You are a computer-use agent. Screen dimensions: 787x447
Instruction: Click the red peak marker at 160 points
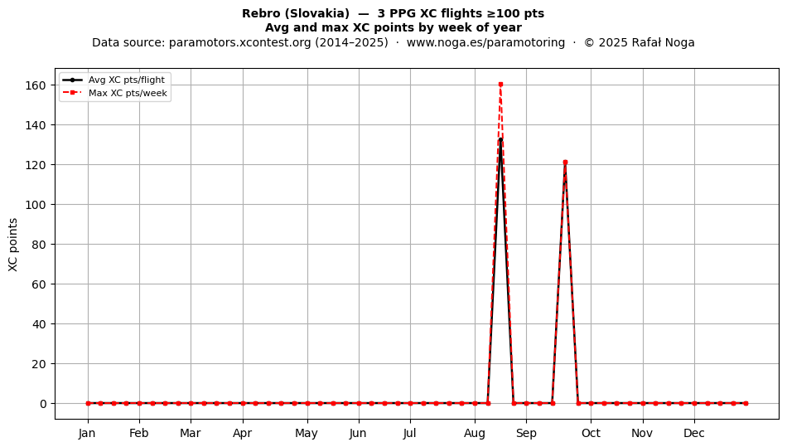pos(500,85)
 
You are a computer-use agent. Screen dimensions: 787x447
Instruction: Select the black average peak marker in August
pos(500,139)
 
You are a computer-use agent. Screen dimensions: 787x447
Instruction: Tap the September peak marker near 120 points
pos(565,163)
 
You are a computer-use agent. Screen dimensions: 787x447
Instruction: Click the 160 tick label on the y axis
pos(35,85)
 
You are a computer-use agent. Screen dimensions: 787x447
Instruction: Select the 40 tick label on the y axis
pos(39,324)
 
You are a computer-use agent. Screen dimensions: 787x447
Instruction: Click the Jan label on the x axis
pos(87,433)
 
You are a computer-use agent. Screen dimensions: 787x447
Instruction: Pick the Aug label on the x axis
pos(475,433)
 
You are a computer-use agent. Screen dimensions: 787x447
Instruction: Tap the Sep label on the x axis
pos(526,433)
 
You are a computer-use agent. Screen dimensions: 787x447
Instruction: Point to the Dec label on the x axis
pos(694,433)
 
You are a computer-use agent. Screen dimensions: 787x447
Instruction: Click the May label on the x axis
pos(307,433)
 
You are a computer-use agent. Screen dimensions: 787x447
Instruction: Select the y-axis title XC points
pos(13,245)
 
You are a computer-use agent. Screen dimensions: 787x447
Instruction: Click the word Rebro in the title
pos(261,13)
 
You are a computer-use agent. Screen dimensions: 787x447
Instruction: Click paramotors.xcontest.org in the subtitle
pos(240,42)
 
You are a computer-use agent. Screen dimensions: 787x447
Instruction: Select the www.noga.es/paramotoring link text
pos(485,42)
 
